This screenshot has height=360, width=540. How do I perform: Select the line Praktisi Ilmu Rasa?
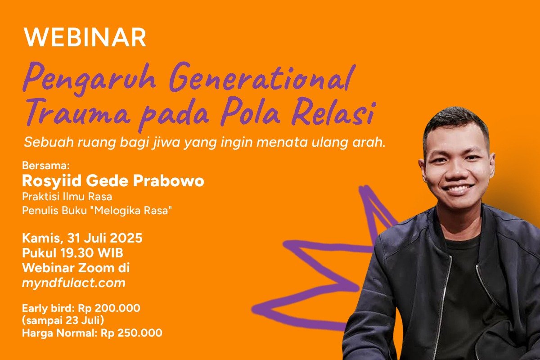(x=67, y=196)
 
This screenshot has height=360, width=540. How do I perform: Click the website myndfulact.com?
(x=74, y=283)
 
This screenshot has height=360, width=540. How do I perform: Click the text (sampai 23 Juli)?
(x=63, y=320)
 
